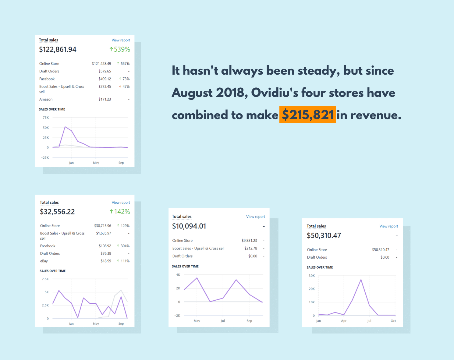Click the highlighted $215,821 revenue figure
(307, 115)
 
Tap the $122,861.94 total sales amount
(58, 49)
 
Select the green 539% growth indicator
(120, 49)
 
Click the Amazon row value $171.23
(105, 99)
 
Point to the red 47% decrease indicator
(124, 86)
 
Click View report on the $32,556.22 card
(121, 203)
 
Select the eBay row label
(44, 261)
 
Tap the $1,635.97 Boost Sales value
(104, 233)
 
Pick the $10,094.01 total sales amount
(189, 226)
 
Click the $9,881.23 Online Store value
(249, 241)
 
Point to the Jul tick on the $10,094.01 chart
(223, 321)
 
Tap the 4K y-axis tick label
(178, 275)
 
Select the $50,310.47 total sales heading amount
(324, 235)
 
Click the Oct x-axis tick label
(393, 321)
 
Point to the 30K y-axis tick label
(312, 276)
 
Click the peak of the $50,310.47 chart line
(361, 280)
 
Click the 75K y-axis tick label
(46, 118)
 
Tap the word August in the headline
(192, 93)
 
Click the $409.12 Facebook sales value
(105, 79)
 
